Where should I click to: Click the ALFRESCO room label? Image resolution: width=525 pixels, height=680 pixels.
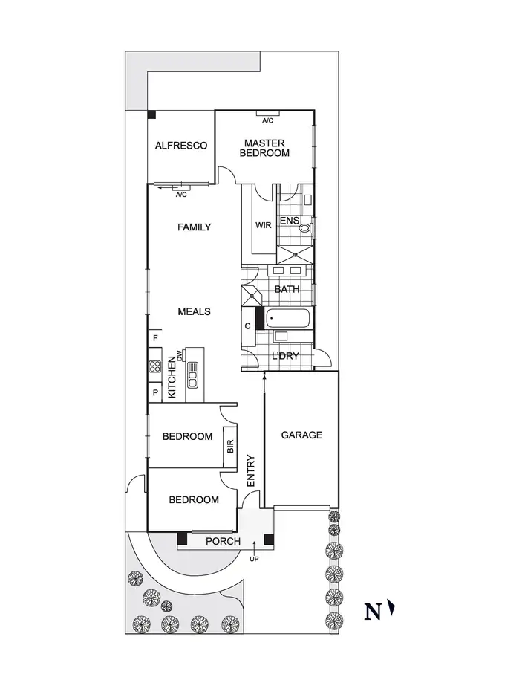click(x=180, y=146)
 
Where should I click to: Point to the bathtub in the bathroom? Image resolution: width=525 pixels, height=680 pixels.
click(x=287, y=320)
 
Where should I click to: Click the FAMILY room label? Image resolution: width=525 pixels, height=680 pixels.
click(x=194, y=227)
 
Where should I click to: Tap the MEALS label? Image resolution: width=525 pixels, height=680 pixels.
click(x=194, y=311)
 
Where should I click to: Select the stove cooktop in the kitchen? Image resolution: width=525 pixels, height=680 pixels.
click(x=155, y=366)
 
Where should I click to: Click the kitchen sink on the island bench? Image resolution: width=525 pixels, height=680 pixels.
click(x=193, y=375)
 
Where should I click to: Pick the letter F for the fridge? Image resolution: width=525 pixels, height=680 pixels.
click(x=155, y=339)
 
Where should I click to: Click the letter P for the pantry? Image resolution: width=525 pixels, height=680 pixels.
click(x=155, y=392)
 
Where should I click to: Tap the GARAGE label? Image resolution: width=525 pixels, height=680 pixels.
click(x=301, y=435)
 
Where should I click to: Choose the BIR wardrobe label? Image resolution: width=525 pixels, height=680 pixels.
click(x=230, y=446)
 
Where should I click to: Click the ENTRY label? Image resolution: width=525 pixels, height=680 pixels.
click(x=250, y=470)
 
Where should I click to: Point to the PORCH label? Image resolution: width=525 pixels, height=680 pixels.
click(x=223, y=541)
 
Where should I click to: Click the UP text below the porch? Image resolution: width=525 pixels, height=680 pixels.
click(x=254, y=558)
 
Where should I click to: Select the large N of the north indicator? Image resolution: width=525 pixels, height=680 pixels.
click(x=373, y=612)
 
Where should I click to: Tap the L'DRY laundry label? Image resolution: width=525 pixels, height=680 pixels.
click(x=285, y=356)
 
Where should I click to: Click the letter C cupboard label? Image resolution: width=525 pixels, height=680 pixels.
click(x=247, y=326)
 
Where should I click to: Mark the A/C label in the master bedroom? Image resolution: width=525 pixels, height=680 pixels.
click(x=268, y=120)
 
